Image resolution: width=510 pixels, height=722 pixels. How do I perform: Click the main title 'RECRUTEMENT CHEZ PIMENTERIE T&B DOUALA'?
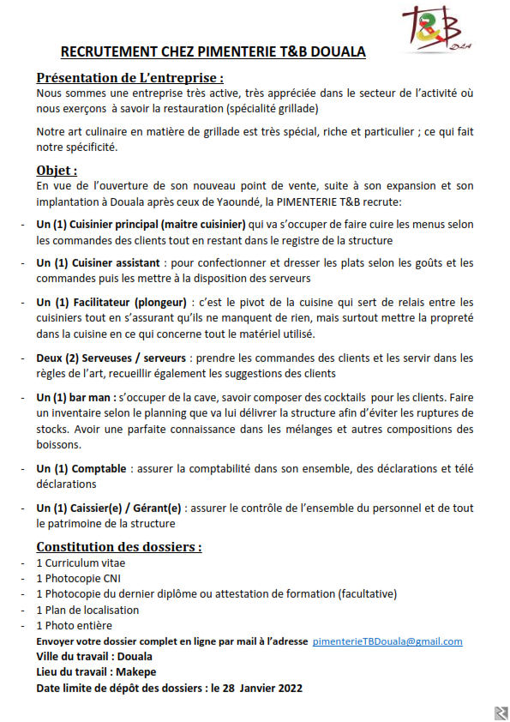[213, 52]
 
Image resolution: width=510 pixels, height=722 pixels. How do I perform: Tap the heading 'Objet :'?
[57, 170]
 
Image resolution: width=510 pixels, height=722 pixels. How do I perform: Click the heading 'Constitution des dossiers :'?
[119, 546]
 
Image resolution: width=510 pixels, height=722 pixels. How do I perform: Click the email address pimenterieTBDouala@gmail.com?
[387, 641]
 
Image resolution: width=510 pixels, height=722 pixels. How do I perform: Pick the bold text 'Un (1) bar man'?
[75, 397]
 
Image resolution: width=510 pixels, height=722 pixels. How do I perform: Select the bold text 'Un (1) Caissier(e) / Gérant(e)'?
[109, 508]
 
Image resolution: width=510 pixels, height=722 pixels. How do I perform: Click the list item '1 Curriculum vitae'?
[81, 563]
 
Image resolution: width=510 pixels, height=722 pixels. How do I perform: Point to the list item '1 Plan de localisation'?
[87, 610]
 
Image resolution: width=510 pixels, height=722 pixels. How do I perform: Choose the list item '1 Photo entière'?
[74, 626]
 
